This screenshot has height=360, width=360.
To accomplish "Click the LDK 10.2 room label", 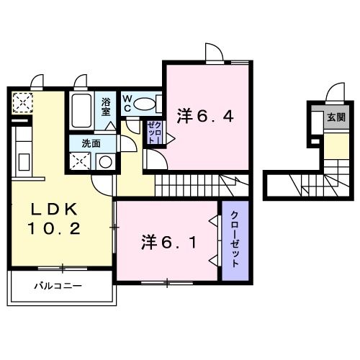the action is (54, 218).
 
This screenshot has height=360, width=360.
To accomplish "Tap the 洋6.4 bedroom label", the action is (205, 117).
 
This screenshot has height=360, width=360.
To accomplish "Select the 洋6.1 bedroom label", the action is (168, 242).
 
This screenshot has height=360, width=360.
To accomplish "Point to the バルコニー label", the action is (58, 286).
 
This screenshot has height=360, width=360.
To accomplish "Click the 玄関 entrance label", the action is (336, 117).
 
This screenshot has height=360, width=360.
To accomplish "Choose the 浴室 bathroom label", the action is (106, 107).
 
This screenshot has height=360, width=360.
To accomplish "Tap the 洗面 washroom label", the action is (91, 143).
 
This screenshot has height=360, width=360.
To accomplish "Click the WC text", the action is (127, 103).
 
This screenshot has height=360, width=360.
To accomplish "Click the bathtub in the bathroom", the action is (81, 111).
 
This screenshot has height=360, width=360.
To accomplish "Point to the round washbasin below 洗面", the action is (105, 162).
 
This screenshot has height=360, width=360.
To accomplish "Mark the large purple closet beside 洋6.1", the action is (235, 240).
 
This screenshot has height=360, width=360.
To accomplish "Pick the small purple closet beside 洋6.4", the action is (154, 132).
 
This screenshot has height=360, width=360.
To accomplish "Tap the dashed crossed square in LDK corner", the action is (22, 103).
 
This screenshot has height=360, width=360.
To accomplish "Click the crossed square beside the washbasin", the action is (80, 161).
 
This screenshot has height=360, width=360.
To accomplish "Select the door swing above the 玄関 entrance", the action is (335, 91).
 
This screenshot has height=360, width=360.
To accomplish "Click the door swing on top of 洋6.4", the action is (215, 52).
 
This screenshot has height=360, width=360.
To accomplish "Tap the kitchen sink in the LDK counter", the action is (24, 162).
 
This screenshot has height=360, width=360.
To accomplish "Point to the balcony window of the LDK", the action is (63, 269).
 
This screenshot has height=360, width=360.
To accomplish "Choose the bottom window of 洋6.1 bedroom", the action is (167, 283).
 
